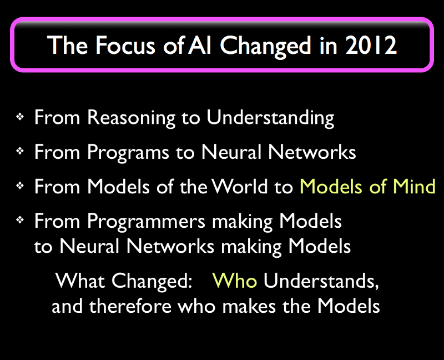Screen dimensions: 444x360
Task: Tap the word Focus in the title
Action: pos(125,45)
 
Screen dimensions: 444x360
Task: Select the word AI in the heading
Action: pos(200,45)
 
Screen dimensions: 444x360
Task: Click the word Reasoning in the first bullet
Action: pos(131,118)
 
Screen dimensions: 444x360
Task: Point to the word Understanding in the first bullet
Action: pos(270,118)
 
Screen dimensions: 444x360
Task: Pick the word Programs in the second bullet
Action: pos(128,153)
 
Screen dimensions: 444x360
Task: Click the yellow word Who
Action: pos(234,281)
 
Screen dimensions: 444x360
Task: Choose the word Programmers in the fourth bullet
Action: pos(146,222)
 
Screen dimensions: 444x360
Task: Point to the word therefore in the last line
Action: pos(130,306)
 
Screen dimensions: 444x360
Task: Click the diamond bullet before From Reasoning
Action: pos(20,117)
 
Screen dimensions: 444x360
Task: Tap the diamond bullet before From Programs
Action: pos(20,151)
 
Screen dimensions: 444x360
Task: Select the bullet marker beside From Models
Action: pos(20,186)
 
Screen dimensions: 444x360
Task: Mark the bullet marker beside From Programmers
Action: pos(20,220)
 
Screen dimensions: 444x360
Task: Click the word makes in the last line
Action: pos(249,306)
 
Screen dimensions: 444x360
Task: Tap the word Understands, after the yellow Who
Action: pos(321,281)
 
